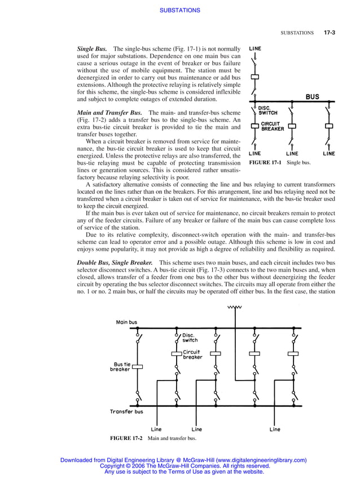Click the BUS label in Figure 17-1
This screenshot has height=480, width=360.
pos(312,97)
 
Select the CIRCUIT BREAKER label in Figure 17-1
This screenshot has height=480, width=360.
pos(273,126)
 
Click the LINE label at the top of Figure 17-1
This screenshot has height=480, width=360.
pos(255,49)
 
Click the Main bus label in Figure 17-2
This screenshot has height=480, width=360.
pos(126,322)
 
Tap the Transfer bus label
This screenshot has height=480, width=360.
pos(126,412)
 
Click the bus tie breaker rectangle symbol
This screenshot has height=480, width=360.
pos(137,366)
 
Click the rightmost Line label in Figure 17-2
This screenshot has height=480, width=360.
pos(275,429)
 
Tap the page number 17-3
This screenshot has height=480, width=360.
pos(330,33)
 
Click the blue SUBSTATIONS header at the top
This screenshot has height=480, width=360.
pos(180,10)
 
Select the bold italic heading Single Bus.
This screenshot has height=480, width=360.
pos(92,49)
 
